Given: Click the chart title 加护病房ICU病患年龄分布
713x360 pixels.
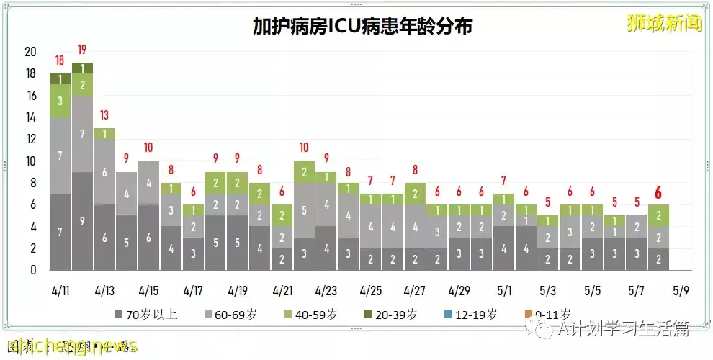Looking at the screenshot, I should [x=362, y=27].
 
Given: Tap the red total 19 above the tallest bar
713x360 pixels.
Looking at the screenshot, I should [x=82, y=50].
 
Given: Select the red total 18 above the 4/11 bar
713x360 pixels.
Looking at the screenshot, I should [x=60, y=60].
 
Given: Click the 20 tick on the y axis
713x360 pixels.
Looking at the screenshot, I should [x=30, y=52].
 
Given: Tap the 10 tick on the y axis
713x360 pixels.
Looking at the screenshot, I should [x=30, y=161].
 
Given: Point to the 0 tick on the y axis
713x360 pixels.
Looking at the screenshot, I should [x=33, y=270].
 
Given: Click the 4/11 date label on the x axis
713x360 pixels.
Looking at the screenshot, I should [x=60, y=292].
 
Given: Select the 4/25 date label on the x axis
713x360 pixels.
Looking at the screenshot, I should [x=371, y=292].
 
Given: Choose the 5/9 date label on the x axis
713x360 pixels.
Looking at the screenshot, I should [x=681, y=292].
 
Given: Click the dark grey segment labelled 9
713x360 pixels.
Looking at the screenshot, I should [x=82, y=221].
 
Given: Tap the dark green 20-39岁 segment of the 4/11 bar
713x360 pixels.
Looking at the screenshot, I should [x=60, y=79].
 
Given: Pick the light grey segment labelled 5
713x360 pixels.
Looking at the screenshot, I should [x=304, y=210].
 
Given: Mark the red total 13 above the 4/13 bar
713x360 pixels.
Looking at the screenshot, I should [x=104, y=115].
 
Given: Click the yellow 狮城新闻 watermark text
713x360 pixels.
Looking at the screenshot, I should [x=664, y=24].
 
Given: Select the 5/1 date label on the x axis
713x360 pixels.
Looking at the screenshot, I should [x=504, y=292].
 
